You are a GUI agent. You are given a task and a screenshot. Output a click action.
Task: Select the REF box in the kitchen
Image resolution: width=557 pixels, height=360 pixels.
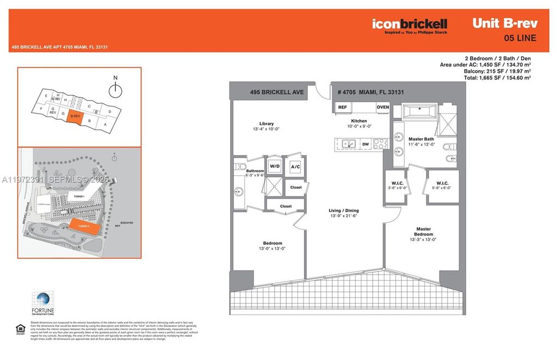pos(343,107)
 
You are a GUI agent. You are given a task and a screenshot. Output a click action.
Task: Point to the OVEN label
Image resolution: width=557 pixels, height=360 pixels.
pos(383,107)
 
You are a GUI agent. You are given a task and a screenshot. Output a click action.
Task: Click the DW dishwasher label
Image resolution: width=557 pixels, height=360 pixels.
pos(365,145)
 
